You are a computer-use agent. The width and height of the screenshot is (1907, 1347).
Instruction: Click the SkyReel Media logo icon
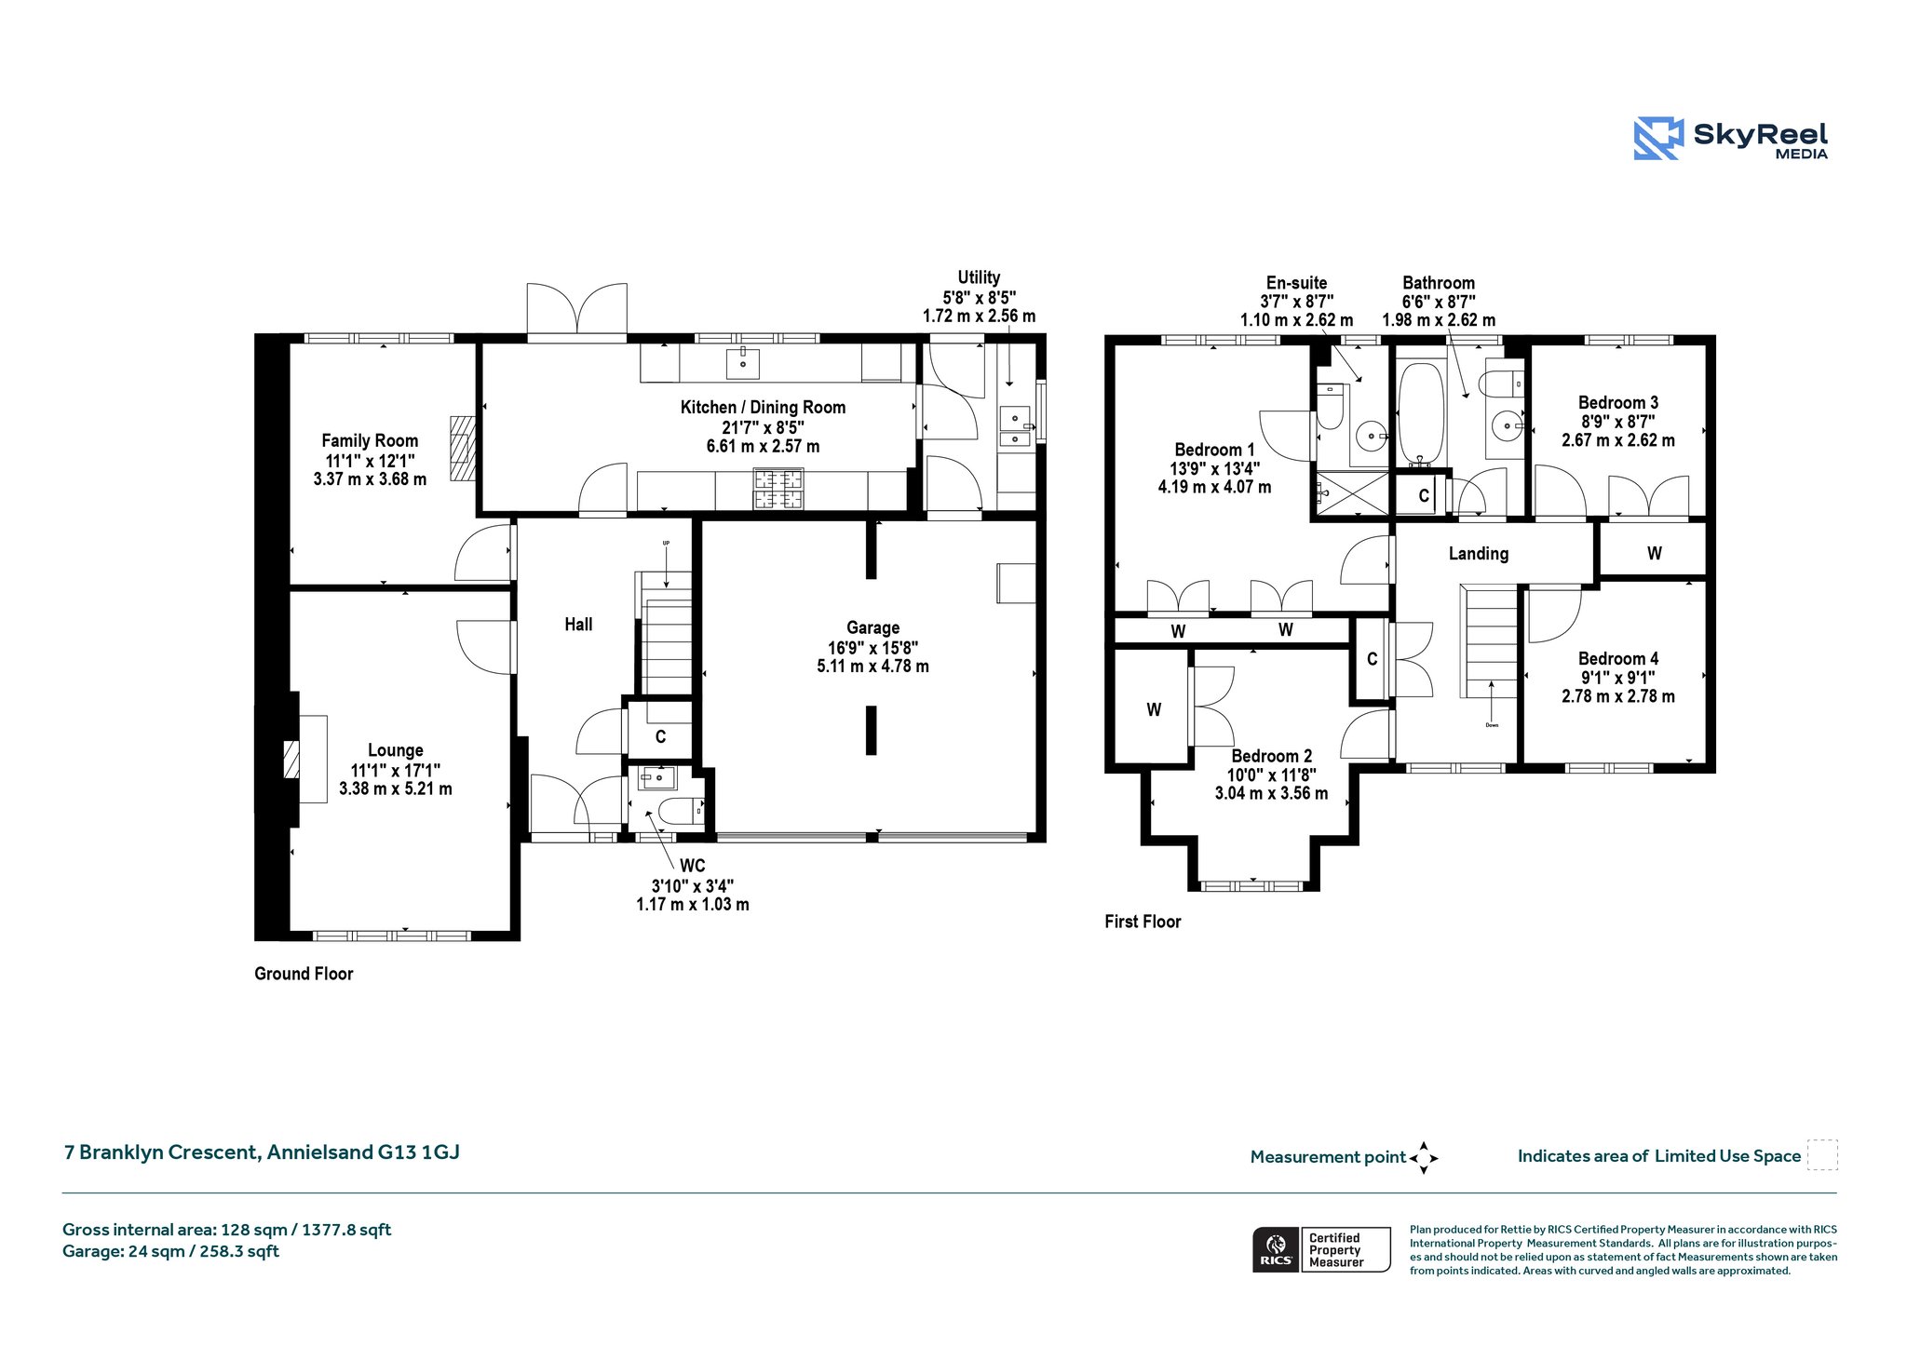[1658, 139]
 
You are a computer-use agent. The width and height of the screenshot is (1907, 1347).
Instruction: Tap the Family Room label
[370, 440]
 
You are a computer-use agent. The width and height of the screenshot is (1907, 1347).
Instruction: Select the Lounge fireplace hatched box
[292, 759]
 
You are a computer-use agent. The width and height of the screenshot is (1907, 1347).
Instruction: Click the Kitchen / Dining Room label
[763, 407]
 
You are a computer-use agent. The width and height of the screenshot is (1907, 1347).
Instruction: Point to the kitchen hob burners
[778, 490]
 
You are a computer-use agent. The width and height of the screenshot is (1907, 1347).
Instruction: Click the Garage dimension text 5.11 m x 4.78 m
[872, 667]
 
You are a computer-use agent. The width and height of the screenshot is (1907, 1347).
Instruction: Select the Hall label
[578, 624]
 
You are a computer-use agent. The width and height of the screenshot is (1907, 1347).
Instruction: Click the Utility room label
[979, 277]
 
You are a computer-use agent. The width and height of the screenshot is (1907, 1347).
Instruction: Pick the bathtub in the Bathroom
[1420, 413]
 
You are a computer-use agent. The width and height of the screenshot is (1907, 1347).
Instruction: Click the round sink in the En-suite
[1372, 435]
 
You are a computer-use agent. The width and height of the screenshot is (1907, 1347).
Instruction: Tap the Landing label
[1478, 554]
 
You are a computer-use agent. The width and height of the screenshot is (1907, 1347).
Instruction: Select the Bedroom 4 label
[1618, 658]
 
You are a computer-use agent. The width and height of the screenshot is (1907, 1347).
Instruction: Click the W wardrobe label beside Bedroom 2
[1154, 710]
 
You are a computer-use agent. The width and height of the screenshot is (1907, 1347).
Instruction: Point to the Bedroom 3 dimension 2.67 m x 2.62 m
[1618, 440]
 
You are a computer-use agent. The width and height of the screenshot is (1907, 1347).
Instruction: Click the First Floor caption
[1143, 922]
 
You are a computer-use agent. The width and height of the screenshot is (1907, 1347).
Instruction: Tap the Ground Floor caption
[304, 974]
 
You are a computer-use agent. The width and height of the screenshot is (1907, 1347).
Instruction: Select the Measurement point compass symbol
[1424, 1158]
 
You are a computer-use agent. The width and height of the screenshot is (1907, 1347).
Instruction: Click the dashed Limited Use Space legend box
[1822, 1154]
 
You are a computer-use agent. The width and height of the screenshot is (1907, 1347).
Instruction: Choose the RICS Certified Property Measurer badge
[1321, 1249]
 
